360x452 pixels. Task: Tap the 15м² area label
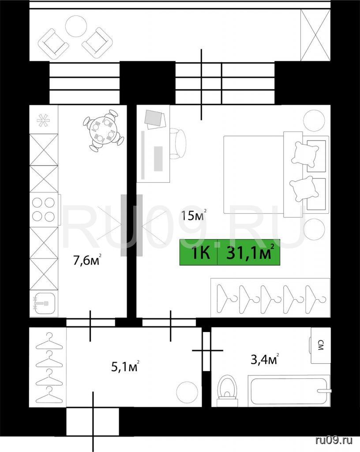click(x=194, y=215)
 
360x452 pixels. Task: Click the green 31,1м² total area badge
click(x=230, y=252)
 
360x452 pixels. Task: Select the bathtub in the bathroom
click(x=289, y=391)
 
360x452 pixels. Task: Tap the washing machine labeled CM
click(x=320, y=345)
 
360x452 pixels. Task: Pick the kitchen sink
click(x=43, y=303)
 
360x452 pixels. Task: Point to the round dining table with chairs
click(x=103, y=130)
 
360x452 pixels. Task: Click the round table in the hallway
click(x=187, y=392)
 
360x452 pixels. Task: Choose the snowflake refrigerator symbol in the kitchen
click(x=44, y=121)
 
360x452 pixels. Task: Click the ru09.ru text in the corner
click(x=334, y=440)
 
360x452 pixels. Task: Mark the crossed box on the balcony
click(x=315, y=35)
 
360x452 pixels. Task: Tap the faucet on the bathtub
click(x=324, y=391)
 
